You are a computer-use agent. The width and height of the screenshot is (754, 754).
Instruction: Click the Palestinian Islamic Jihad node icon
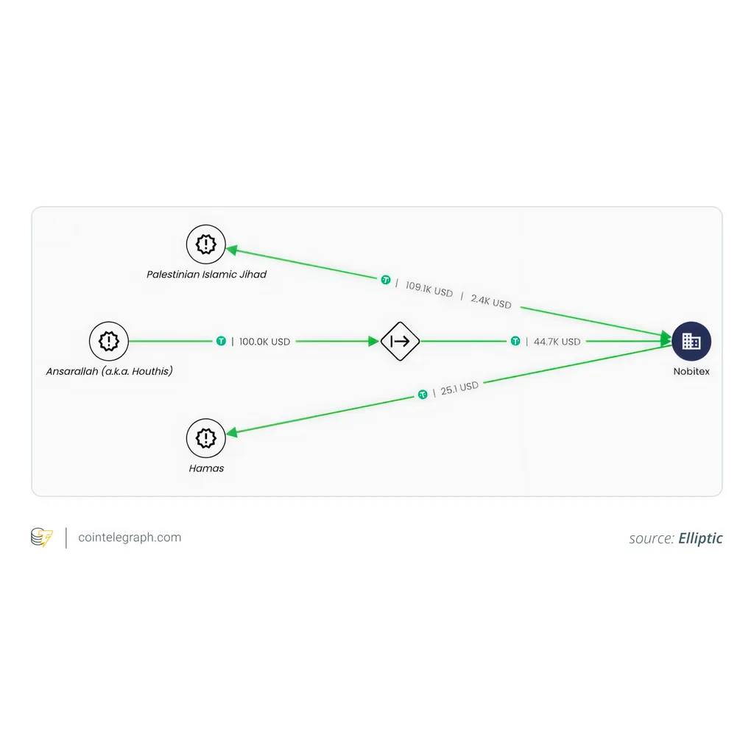[x=206, y=244]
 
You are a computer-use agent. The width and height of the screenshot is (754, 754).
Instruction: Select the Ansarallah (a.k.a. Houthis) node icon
[x=109, y=341]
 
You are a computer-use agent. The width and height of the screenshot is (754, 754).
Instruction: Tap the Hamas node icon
[x=206, y=438]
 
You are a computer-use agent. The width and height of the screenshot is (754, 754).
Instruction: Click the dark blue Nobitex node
[x=691, y=341]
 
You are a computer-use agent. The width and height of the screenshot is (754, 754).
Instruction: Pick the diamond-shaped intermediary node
[x=400, y=341]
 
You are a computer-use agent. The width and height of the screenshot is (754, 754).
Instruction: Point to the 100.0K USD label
[x=264, y=342]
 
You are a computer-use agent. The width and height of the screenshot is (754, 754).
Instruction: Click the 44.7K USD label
[x=557, y=342]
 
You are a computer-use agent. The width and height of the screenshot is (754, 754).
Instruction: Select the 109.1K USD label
[x=429, y=289]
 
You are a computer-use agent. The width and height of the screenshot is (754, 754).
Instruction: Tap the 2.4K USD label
[x=491, y=301]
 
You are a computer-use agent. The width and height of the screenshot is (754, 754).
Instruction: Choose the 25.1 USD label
[x=459, y=388]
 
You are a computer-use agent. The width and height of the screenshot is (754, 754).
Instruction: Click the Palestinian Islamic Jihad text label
[x=206, y=274]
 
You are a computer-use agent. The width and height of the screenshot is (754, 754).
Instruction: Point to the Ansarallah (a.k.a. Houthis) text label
[x=109, y=371]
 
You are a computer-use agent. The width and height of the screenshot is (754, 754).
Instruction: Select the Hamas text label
[x=206, y=468]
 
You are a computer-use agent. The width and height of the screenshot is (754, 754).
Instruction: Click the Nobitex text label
[x=691, y=371]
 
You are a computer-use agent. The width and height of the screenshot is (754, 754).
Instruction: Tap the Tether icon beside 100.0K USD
[x=221, y=341]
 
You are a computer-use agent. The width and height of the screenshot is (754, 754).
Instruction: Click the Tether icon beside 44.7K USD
[x=515, y=341]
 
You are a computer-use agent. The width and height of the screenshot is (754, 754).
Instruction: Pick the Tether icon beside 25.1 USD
[x=423, y=395]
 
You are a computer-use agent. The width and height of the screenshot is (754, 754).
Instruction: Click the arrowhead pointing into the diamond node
[x=373, y=341]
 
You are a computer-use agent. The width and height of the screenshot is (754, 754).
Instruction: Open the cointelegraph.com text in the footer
[x=130, y=537]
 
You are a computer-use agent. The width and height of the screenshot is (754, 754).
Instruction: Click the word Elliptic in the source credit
[x=700, y=538]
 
